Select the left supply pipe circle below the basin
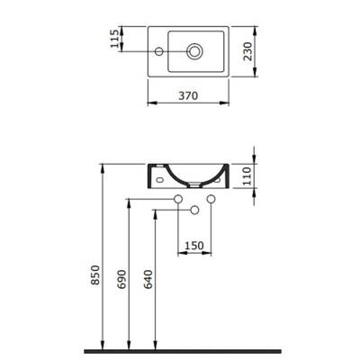pos(178,198)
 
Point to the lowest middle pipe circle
pos(193,210)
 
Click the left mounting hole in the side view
pos(161,178)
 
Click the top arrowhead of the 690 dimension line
pos(131,202)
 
